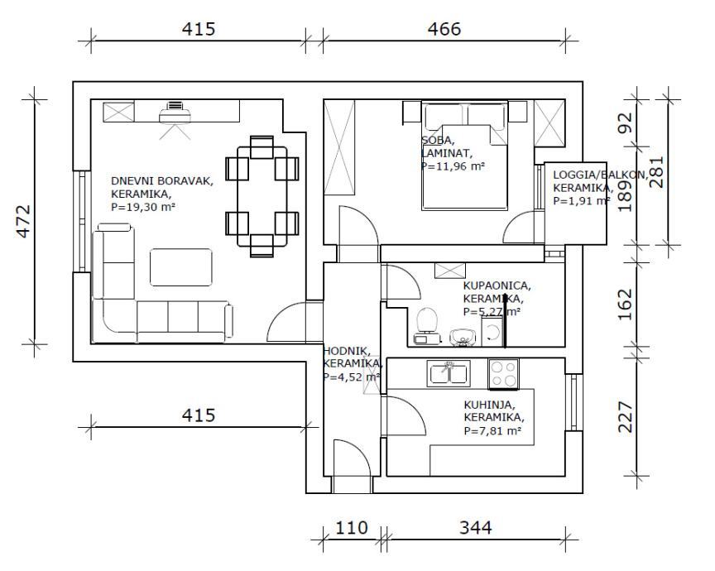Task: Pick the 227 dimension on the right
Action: point(626,417)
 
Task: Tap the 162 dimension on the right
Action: point(626,304)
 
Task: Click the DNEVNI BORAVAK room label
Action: point(162,181)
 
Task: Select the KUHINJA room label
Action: point(489,405)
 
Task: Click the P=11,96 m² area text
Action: point(453,166)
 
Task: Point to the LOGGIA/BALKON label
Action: point(588,175)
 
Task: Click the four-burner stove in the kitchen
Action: point(503,374)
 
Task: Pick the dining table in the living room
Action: point(262,196)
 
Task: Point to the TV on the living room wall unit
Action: point(175,107)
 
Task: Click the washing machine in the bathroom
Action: point(492,332)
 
